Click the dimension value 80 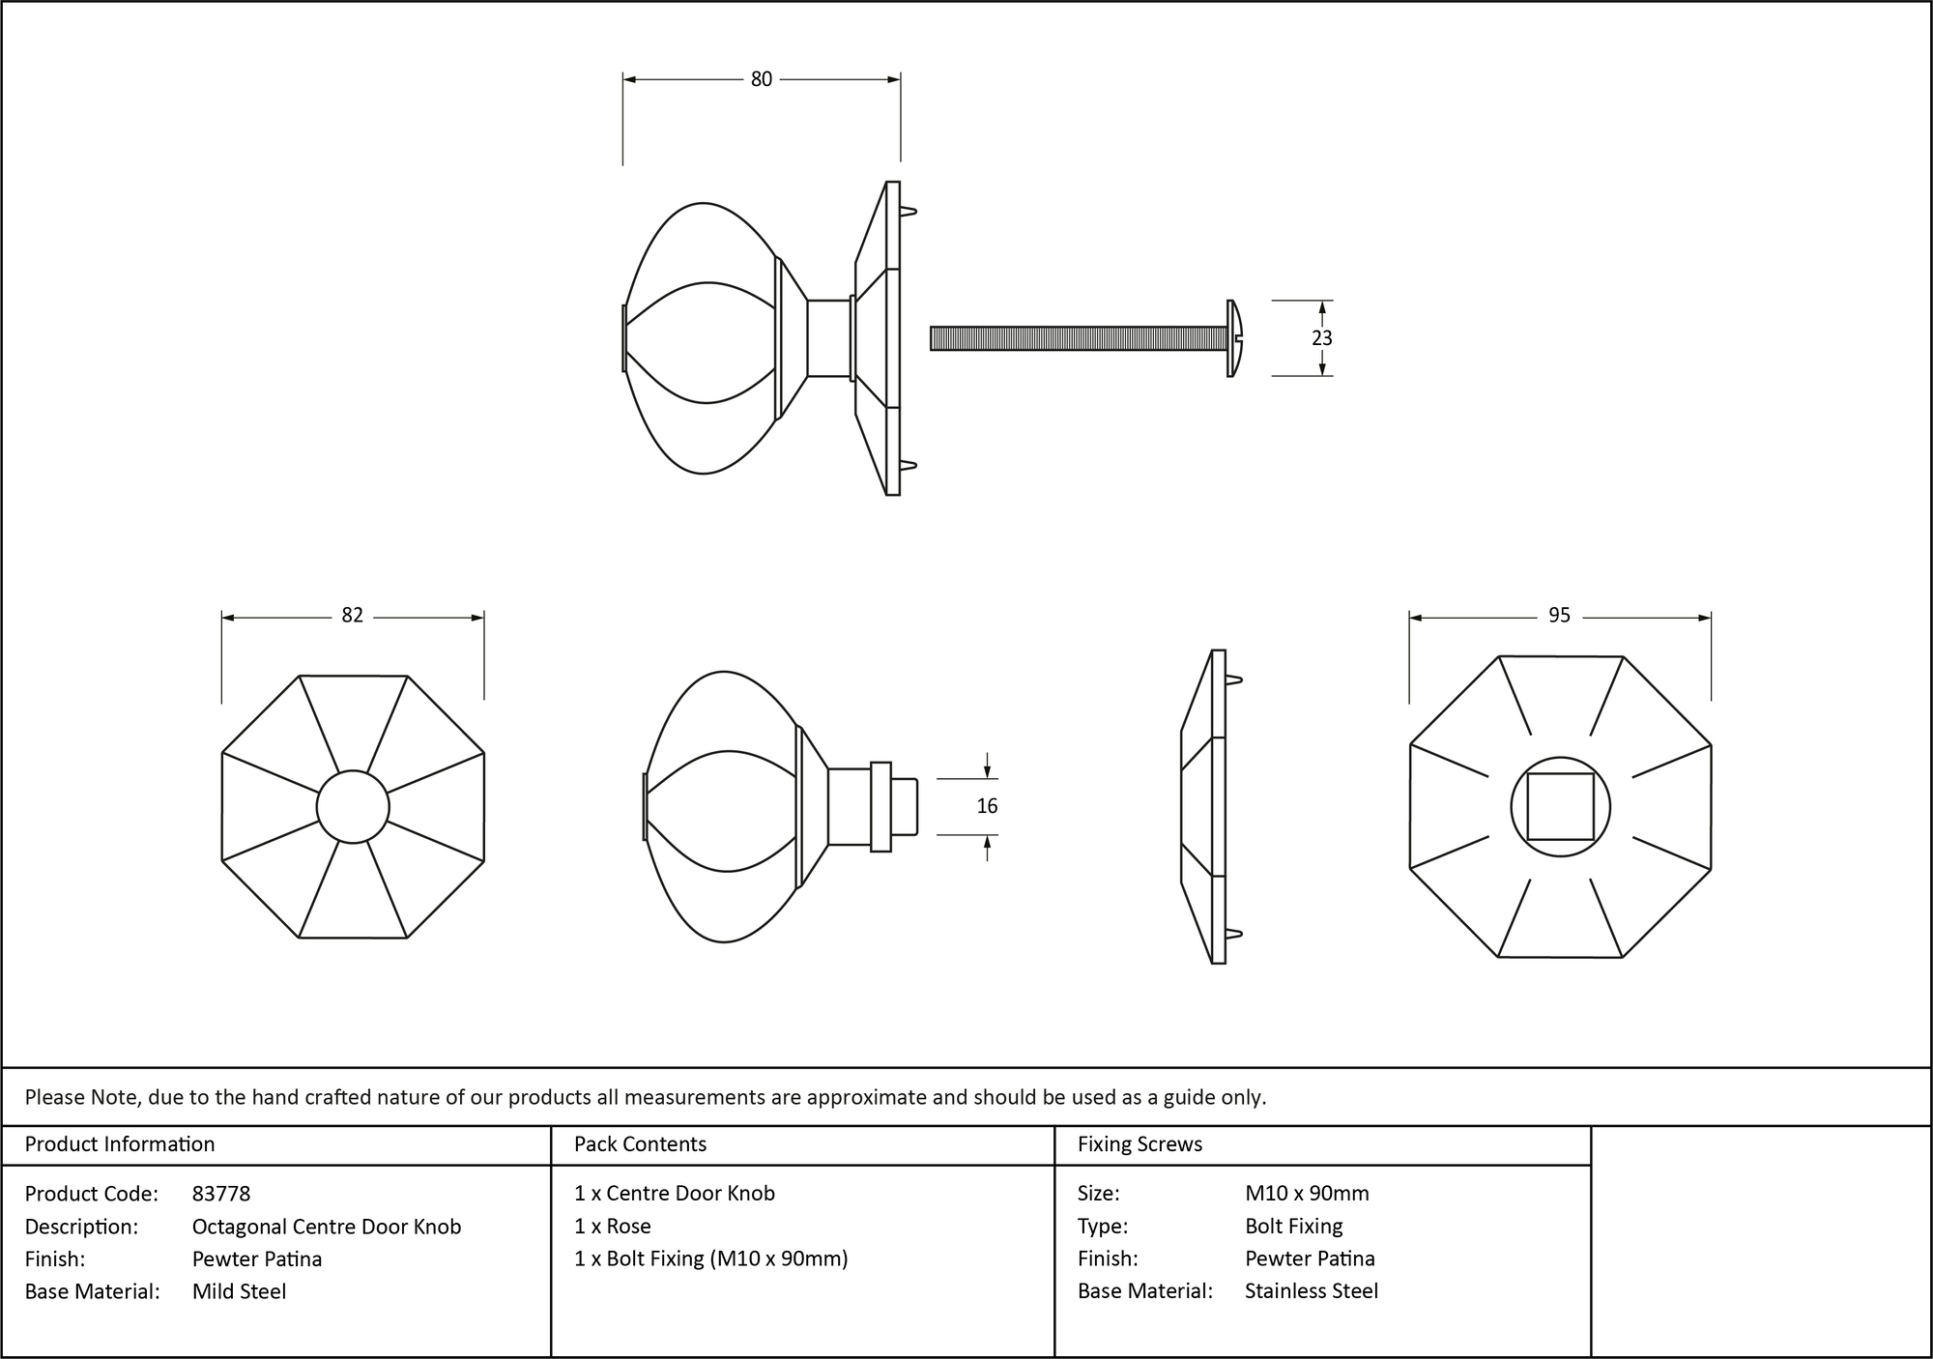(762, 79)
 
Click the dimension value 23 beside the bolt (1321, 338)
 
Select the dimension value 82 (352, 616)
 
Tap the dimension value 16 (987, 806)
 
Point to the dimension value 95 (1559, 616)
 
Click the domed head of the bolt (1234, 338)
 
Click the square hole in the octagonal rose (1560, 806)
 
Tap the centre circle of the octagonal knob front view (353, 806)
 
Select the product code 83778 (221, 1194)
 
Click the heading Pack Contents (640, 1144)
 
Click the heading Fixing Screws (1140, 1144)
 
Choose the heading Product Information (120, 1144)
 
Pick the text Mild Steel (239, 1291)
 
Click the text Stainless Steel (1311, 1291)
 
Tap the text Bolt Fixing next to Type (1293, 1227)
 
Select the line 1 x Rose (612, 1227)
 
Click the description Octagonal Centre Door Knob (327, 1227)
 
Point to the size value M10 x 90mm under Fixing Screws (1307, 1194)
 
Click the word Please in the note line (54, 1097)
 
